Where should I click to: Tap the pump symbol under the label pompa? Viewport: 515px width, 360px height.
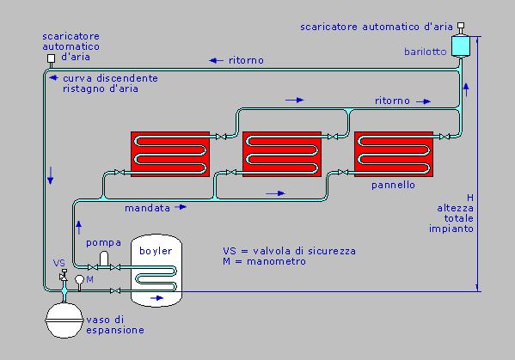[104, 259]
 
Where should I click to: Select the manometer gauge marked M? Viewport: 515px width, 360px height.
[79, 279]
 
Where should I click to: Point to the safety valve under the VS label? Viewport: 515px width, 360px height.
[64, 276]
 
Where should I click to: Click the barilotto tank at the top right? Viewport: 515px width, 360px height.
[461, 46]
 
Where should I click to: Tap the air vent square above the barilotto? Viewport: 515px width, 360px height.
[461, 26]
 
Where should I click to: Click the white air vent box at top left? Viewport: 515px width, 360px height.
[51, 58]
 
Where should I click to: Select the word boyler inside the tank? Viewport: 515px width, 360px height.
[156, 251]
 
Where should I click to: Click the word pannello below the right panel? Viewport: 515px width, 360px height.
[393, 185]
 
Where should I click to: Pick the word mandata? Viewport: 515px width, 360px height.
[148, 208]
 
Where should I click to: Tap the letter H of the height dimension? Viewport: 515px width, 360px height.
[470, 198]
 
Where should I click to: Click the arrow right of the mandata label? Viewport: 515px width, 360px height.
[181, 207]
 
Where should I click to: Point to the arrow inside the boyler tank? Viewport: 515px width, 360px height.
[156, 298]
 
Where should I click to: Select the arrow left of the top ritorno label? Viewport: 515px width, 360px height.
[216, 60]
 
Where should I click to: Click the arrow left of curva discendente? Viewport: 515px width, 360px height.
[53, 78]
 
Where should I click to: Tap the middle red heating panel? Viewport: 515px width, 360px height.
[282, 155]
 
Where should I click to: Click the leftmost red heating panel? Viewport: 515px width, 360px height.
[170, 155]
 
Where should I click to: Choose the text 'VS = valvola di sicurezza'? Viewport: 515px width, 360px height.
[289, 251]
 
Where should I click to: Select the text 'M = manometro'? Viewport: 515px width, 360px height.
[264, 261]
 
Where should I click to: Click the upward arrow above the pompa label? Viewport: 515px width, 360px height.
[79, 228]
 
